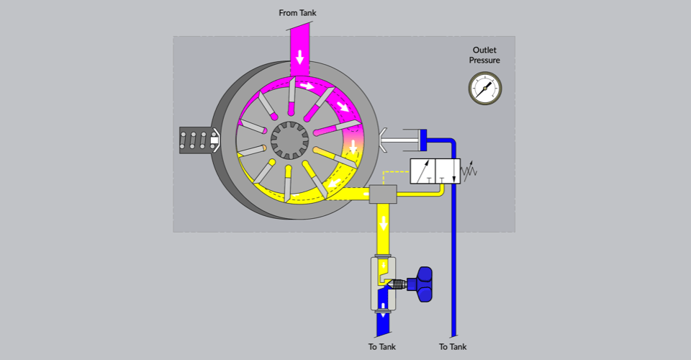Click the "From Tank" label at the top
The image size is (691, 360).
point(297,13)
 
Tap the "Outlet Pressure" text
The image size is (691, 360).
point(486,55)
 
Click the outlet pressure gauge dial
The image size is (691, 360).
point(485,88)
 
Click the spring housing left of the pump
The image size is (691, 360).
point(197,140)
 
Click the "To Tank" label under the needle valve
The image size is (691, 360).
point(382,346)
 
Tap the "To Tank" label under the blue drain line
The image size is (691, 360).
point(453,346)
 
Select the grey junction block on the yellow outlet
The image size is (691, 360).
point(383,194)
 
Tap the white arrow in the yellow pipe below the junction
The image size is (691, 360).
point(383,220)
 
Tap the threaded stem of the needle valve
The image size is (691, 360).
point(398,284)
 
